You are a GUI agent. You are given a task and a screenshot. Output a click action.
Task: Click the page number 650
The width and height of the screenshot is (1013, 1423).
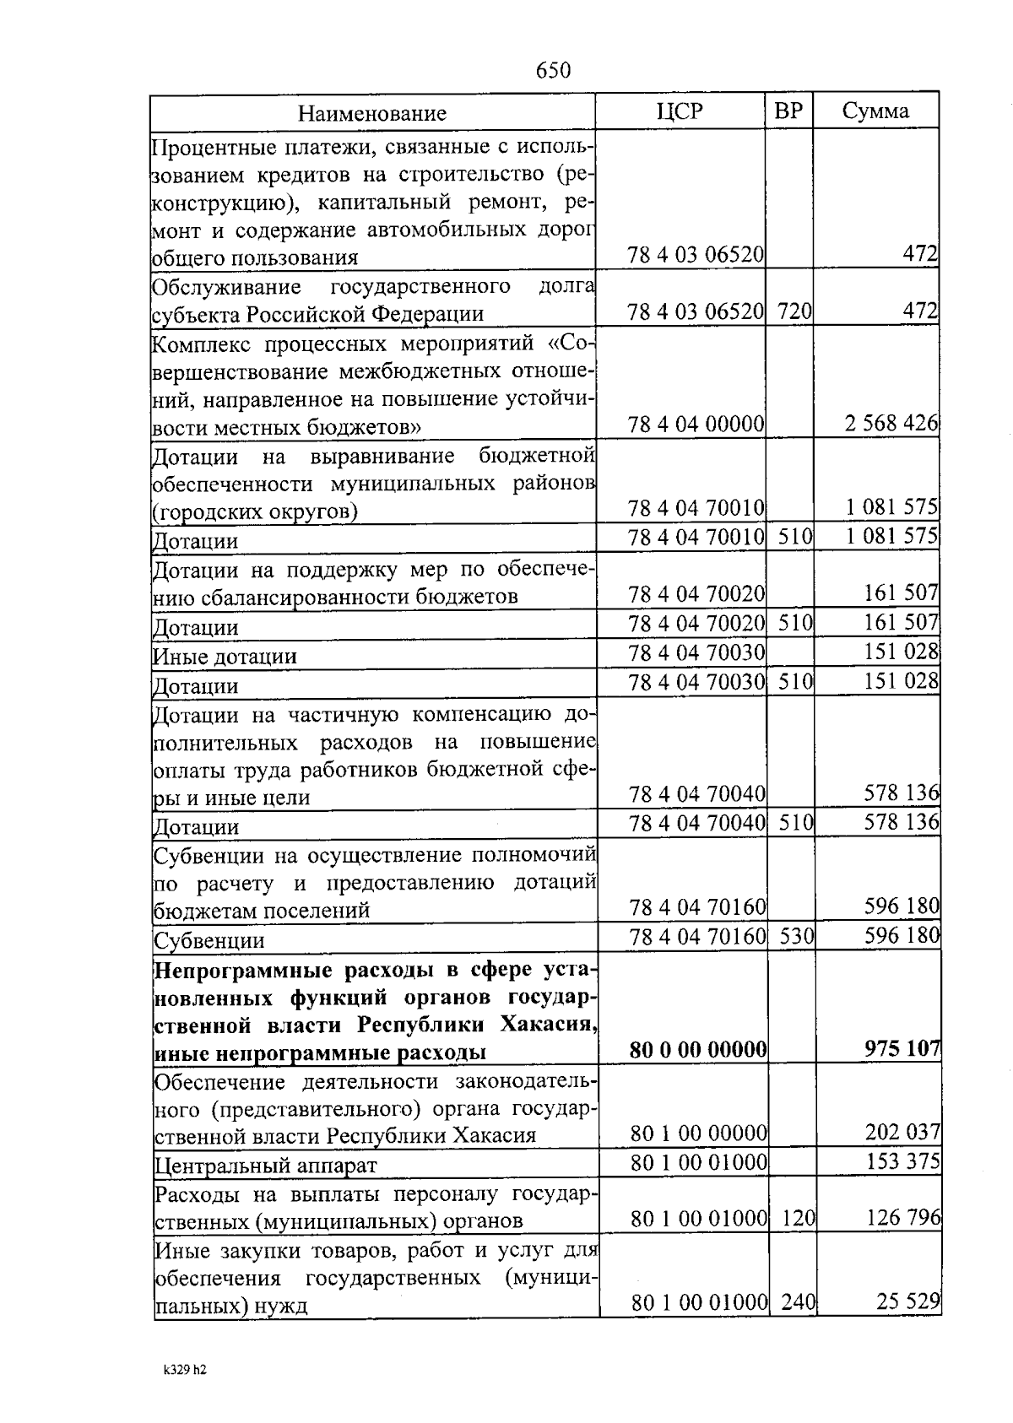coord(554,71)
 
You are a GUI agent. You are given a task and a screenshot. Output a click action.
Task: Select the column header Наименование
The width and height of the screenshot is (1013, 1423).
coord(372,113)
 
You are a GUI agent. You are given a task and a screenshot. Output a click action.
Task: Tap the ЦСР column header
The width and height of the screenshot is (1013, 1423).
coord(680,111)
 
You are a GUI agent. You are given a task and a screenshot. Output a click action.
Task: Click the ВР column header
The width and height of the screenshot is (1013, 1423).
coord(788,111)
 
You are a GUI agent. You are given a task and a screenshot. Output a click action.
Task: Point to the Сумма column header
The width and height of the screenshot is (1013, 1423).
coord(875,111)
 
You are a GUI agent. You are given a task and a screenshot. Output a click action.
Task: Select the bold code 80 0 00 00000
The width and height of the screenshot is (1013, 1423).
coord(698,1050)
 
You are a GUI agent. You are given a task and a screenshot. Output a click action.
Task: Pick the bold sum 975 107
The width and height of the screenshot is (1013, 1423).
coord(902,1048)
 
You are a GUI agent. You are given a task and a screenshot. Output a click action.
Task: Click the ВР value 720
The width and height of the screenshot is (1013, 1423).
coord(794,312)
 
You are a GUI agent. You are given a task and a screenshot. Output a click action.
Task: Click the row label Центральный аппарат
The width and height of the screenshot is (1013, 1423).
coord(265,1166)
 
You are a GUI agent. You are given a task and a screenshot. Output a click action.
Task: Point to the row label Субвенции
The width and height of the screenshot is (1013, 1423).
coord(209,940)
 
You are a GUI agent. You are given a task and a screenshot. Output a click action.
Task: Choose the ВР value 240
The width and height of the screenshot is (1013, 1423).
coord(798,1302)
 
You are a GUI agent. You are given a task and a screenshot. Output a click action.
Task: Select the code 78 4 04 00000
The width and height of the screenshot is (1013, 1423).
coord(696,424)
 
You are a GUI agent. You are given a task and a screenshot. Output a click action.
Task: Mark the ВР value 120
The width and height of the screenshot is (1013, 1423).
coord(798,1218)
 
